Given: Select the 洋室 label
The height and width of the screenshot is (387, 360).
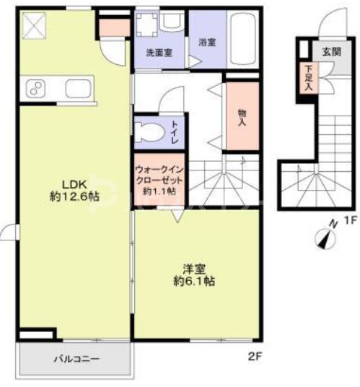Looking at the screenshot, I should [x=193, y=269].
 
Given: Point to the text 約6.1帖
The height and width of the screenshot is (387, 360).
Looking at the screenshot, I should [x=193, y=282].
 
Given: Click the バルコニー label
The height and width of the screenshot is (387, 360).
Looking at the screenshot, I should [x=75, y=359].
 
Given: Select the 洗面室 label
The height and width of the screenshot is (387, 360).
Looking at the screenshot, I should [x=157, y=53].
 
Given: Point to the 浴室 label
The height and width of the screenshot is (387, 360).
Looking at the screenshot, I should [x=207, y=42].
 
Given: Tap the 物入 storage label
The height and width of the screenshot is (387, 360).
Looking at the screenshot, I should [x=242, y=116].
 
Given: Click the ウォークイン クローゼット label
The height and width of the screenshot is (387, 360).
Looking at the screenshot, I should [x=159, y=180].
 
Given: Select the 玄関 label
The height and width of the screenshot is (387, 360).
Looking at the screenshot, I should [x=331, y=51].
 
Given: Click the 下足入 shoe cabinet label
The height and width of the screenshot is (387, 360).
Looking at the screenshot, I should [x=308, y=77].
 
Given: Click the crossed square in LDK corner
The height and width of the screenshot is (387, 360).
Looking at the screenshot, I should [x=32, y=28].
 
